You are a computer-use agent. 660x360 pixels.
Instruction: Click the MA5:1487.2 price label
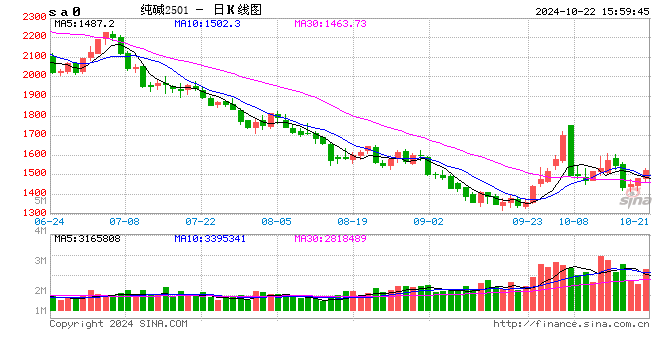85,22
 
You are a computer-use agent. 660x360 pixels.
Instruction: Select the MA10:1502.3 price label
206,22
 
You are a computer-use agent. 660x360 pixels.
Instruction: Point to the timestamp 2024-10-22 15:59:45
577,9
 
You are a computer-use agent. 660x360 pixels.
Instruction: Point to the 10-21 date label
633,221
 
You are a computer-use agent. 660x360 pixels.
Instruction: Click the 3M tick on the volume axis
39,261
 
